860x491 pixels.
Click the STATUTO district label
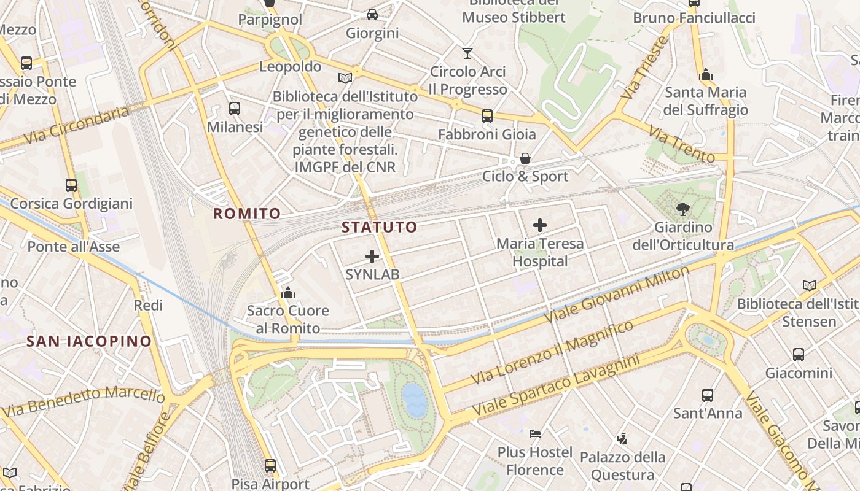[379, 227]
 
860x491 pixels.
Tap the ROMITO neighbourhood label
[247, 214]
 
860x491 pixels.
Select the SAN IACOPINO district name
[89, 341]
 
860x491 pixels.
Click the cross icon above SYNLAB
[372, 257]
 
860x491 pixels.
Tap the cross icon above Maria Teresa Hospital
[540, 225]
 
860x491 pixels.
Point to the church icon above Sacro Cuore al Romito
[288, 293]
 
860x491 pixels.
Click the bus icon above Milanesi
[235, 109]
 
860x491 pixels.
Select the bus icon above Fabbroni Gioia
[487, 115]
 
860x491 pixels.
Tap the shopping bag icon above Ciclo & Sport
[525, 158]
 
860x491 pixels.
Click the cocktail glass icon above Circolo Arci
[468, 53]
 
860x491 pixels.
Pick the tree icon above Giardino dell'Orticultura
[683, 209]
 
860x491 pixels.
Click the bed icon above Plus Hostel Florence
[535, 434]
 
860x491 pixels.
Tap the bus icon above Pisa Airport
[270, 465]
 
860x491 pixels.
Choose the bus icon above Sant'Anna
[708, 395]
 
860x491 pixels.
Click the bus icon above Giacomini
[799, 354]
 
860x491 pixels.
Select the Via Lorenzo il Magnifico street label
[553, 352]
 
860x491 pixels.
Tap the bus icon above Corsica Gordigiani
[71, 185]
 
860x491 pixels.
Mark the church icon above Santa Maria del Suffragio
[706, 74]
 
